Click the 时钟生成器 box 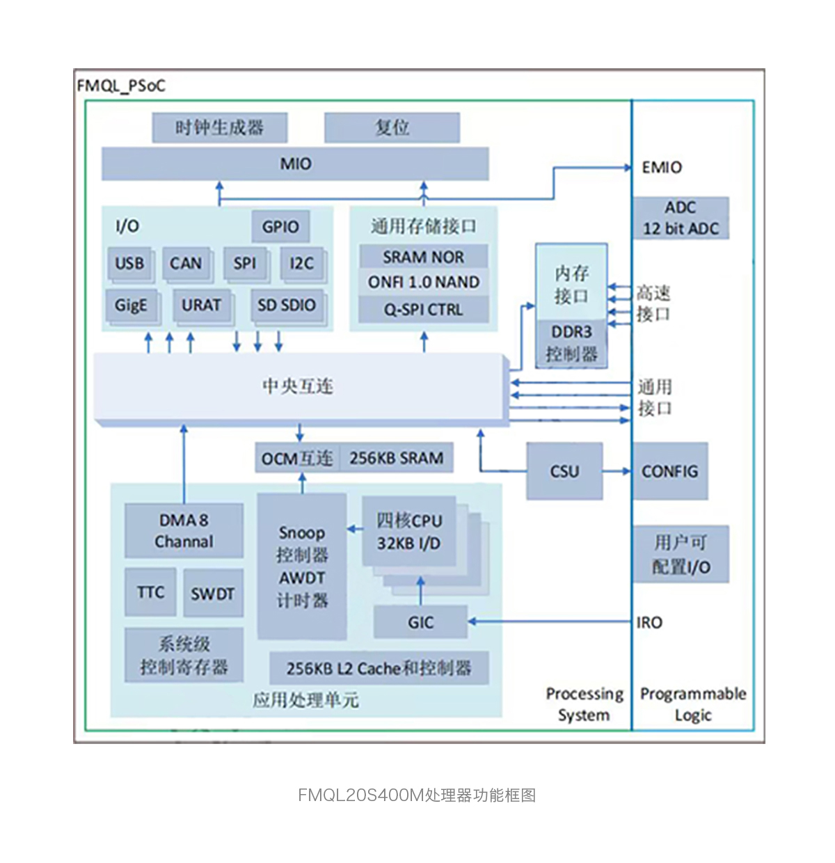tap(219, 128)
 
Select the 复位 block tap(392, 128)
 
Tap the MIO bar tap(295, 164)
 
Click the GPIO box tap(280, 227)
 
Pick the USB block tap(129, 264)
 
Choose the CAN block tap(186, 264)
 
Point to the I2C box tap(301, 264)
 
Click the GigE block tap(131, 306)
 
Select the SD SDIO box tap(286, 306)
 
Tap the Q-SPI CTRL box tap(423, 310)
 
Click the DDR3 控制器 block tap(571, 343)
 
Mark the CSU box tap(564, 471)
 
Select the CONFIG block tap(669, 471)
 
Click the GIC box tap(420, 622)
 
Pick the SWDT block tap(212, 594)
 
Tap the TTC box tap(150, 592)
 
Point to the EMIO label tap(662, 168)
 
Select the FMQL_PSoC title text tap(121, 86)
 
